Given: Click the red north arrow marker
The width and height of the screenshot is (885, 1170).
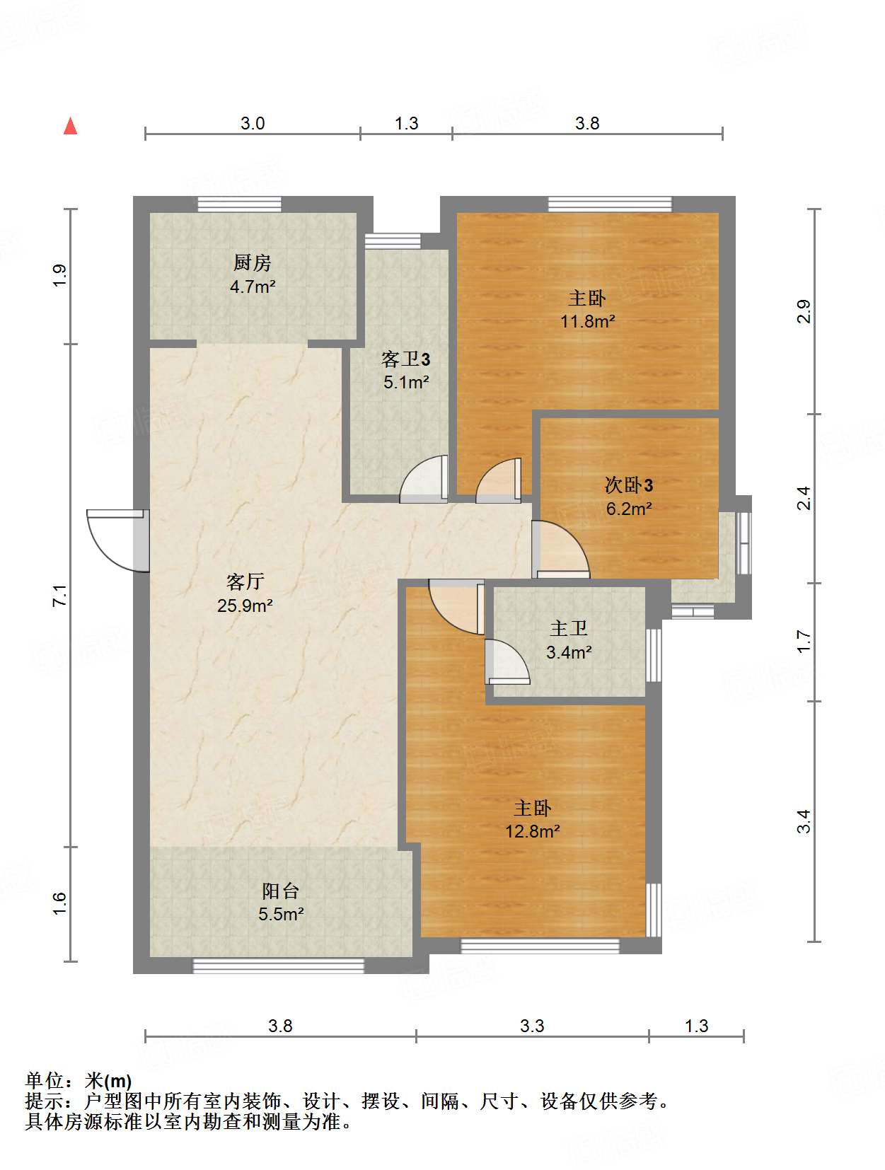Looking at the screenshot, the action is coord(70,127).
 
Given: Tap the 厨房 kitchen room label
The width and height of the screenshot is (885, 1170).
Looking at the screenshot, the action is coord(252,262).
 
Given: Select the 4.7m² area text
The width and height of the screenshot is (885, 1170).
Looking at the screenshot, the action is coord(253,286).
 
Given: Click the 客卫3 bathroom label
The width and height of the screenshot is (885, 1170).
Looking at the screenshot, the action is coord(405,359).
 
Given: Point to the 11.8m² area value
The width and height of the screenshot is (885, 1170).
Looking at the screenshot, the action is coord(587,321).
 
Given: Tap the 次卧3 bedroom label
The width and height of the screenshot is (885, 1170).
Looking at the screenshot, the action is coord(629,485).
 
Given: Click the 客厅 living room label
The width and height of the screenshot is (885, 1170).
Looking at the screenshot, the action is coord(245,581).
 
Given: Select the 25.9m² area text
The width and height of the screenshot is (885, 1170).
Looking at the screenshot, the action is coord(245,606).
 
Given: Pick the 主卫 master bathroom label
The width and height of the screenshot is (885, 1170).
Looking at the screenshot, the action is coord(569,628).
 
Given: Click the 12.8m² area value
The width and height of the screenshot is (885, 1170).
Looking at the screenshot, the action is coord(532,831).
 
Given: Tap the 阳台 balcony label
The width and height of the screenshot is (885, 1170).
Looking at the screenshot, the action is coord(280,890).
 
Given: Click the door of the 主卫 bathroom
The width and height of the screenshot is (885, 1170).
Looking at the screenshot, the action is coord(507,661).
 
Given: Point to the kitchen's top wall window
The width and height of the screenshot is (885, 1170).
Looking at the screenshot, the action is coord(239,204).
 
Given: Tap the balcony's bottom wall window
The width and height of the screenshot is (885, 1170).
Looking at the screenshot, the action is coord(278,966).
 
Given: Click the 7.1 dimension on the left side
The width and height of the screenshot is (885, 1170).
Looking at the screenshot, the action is coord(59,595).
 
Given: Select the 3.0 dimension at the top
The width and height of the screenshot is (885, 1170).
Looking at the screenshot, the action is coord(253,123).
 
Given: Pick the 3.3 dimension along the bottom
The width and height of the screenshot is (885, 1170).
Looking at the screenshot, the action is coord(532,1026).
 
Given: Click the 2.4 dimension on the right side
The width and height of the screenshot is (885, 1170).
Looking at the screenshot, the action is coord(804,498).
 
